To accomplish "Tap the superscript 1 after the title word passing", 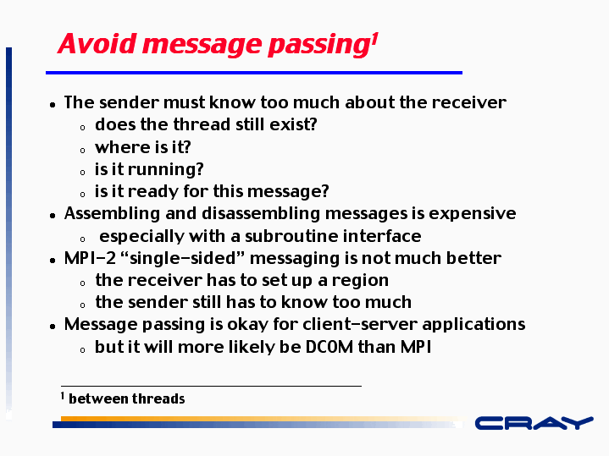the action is pos(374,39).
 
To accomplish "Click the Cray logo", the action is pos(534,423).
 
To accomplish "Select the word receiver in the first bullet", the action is pos(468,102).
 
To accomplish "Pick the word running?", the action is pos(165,169).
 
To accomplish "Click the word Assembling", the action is pos(112,214).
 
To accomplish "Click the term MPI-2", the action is pos(90,258).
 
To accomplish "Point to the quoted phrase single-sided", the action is pos(183,258).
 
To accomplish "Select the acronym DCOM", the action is pos(329,347).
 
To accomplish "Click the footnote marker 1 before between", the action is pos(62,396).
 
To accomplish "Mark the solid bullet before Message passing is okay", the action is pos(53,327).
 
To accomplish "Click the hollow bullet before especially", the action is pos(82,239).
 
